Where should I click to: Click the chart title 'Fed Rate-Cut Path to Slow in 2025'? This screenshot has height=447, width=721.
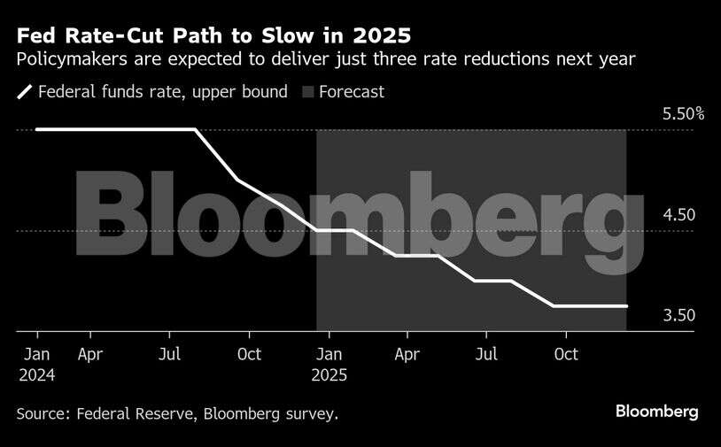[213, 36]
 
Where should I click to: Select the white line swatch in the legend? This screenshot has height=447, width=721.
[25, 92]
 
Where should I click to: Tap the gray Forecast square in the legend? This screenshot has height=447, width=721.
[308, 92]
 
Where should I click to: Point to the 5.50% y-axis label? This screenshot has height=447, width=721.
[683, 114]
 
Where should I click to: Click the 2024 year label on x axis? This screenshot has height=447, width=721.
[37, 375]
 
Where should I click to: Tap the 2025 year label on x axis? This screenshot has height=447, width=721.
[329, 375]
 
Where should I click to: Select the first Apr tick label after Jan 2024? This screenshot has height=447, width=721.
[89, 355]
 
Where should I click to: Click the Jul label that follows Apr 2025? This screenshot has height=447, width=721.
[485, 355]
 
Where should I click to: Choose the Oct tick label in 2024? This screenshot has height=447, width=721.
[249, 355]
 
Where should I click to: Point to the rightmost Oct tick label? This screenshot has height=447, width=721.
[565, 355]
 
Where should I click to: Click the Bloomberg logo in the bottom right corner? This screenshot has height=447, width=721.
[656, 412]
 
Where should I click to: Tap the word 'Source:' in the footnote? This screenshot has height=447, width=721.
[44, 413]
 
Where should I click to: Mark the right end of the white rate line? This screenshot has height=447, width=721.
[626, 306]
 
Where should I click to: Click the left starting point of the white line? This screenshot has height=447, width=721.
[37, 130]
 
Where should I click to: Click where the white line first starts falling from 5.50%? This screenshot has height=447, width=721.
[195, 130]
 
